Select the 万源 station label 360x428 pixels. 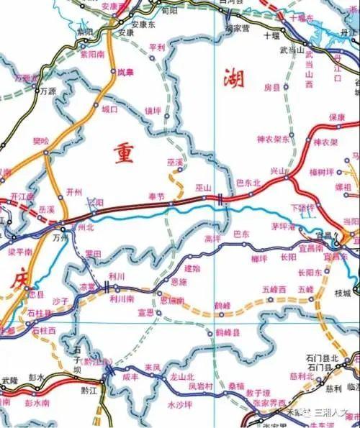[x=48, y=91]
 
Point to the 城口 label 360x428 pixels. [x=109, y=110]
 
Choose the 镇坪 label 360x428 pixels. [x=153, y=111]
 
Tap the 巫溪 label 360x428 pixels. [x=174, y=164]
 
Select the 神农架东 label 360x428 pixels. [x=273, y=139]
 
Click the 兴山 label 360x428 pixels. [x=278, y=171]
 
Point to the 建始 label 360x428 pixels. [x=192, y=268]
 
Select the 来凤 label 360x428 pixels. [x=152, y=368]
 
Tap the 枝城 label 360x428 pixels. [x=343, y=293]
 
